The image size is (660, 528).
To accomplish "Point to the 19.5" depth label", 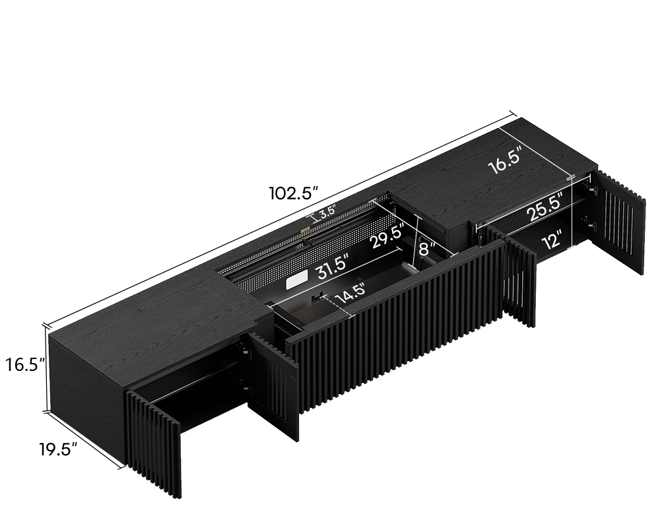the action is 59,449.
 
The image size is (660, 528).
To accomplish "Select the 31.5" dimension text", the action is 333,267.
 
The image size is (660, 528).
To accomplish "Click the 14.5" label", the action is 350,294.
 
